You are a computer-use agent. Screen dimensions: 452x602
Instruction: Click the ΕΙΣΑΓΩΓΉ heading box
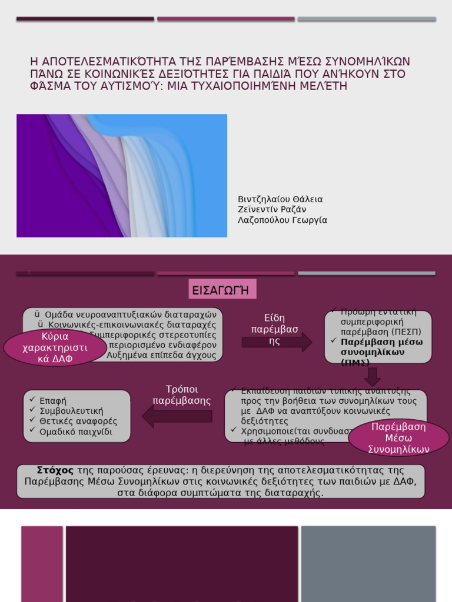[x=221, y=290]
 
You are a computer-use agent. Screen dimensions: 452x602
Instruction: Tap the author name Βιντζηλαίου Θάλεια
[x=280, y=199]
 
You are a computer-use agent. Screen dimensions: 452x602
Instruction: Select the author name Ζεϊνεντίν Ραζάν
[x=271, y=210]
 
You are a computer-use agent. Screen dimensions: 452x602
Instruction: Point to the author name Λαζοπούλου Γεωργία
[x=282, y=220]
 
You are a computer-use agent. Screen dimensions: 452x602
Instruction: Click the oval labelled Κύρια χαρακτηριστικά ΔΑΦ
[x=55, y=347]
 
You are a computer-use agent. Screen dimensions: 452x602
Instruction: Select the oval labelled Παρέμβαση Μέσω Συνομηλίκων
[x=398, y=438]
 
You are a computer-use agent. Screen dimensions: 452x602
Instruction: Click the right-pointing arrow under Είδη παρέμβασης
[x=277, y=342]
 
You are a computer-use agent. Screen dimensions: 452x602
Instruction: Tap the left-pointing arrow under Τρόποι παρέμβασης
[x=177, y=416]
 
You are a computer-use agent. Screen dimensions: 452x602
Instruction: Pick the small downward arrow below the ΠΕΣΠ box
[x=372, y=376]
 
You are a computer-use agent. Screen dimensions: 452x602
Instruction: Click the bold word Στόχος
[x=55, y=470]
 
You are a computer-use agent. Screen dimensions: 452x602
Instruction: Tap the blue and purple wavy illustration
[x=122, y=176]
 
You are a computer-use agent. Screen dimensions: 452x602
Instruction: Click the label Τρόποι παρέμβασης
[x=181, y=395]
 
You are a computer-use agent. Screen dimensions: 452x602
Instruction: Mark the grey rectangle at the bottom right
[x=368, y=563]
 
